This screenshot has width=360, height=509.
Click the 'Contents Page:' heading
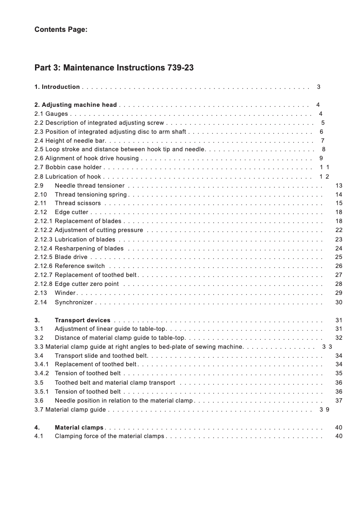tap(61, 30)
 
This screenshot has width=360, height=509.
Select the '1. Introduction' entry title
tap(57, 87)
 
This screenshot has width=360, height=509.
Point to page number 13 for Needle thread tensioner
tap(339, 185)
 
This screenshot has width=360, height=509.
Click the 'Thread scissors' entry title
tap(78, 203)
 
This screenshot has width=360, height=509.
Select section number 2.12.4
tap(44, 248)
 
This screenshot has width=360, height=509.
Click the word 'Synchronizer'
tap(74, 303)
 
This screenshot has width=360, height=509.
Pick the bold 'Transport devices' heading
tap(82, 320)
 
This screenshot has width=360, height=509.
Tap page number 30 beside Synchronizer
tap(339, 303)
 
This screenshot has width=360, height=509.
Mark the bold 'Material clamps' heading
tap(79, 427)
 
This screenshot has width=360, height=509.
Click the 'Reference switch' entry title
tap(79, 266)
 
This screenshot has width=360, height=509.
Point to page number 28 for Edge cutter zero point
tap(339, 284)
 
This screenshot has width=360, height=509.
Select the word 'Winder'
tap(65, 293)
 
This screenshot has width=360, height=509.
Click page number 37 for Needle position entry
tap(339, 400)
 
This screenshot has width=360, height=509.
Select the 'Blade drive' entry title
tap(71, 257)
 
